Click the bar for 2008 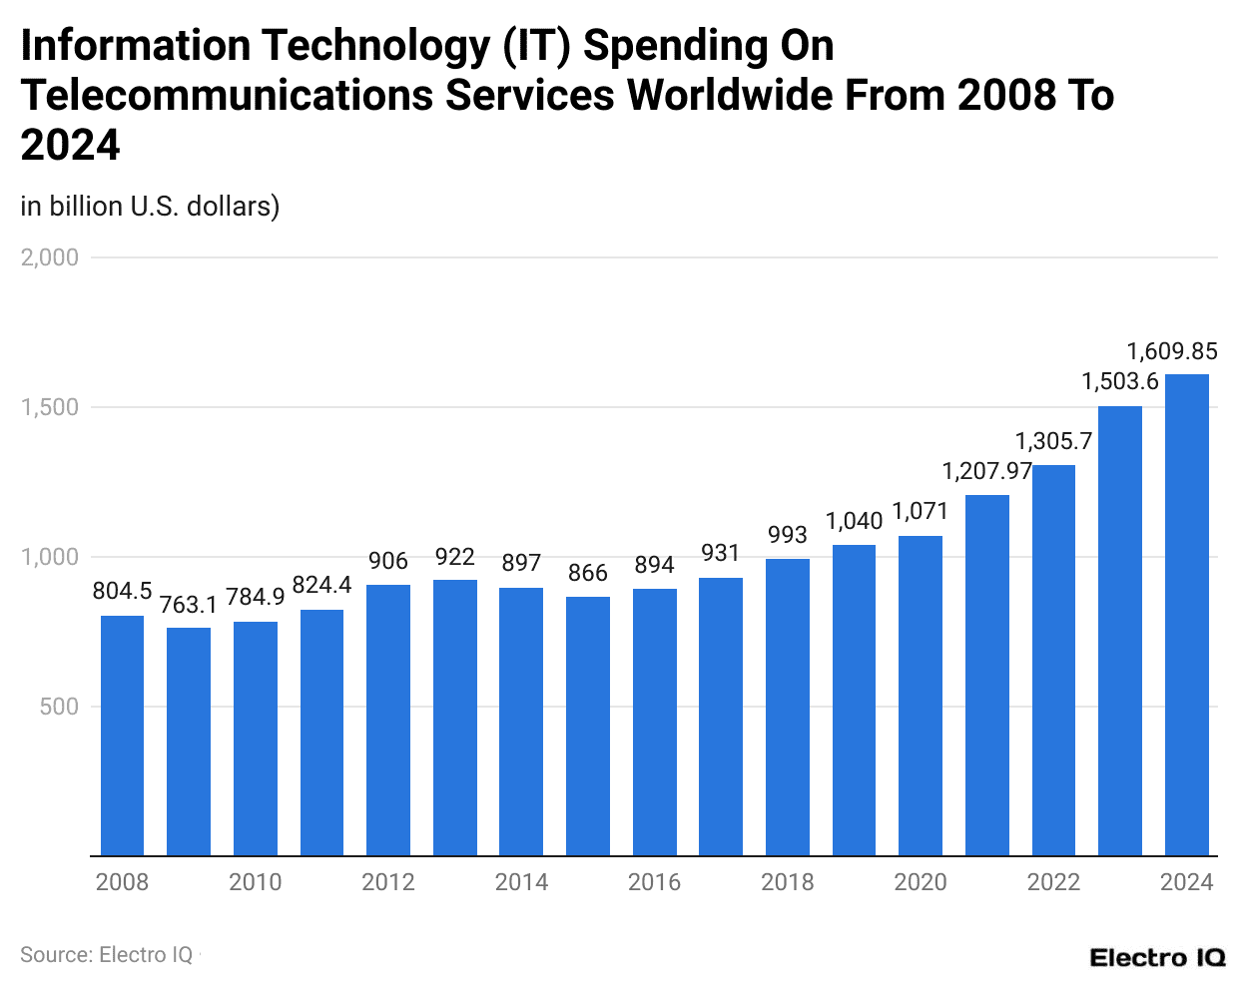click(122, 736)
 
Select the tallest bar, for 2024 click(1186, 615)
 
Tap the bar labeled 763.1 click(189, 741)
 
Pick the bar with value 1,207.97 click(986, 676)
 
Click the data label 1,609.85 click(1172, 351)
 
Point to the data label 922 click(454, 557)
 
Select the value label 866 click(587, 573)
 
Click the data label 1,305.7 click(1053, 441)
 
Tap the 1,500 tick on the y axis click(50, 407)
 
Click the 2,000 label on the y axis click(50, 257)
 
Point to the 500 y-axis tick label click(59, 707)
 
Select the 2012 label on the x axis click(387, 882)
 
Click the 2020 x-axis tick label click(920, 882)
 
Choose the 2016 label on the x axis click(654, 882)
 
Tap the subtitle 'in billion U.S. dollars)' click(150, 206)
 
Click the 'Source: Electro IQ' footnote click(107, 955)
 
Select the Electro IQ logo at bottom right click(1157, 958)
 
